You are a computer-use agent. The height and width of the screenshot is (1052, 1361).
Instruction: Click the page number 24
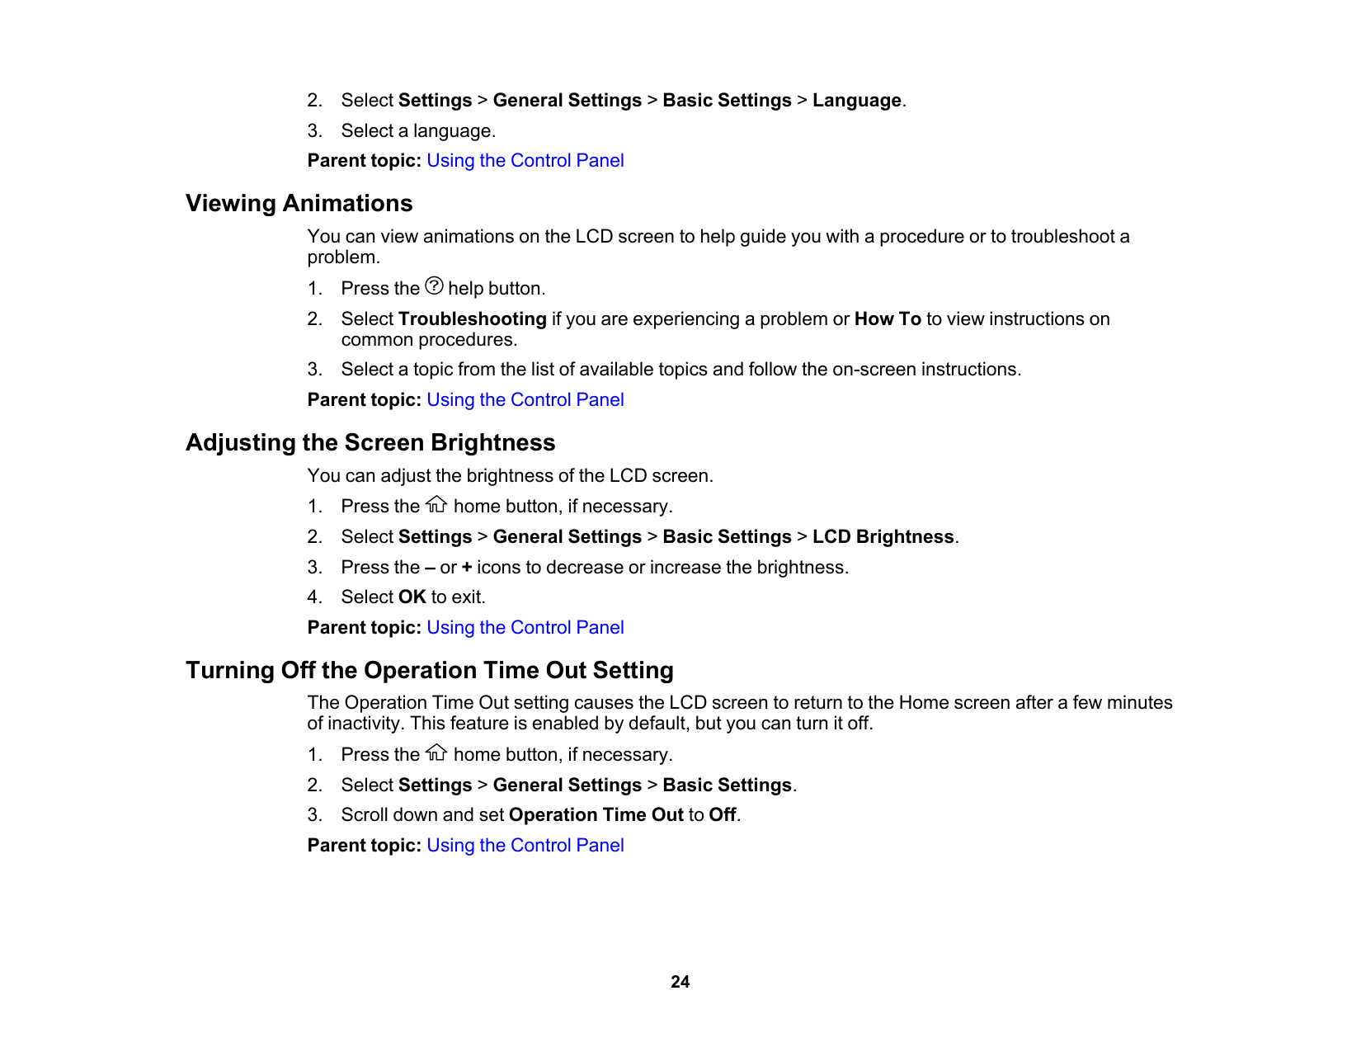(680, 982)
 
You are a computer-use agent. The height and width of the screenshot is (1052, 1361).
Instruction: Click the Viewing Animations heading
(299, 203)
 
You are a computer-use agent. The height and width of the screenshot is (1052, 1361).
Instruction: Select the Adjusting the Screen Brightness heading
(370, 442)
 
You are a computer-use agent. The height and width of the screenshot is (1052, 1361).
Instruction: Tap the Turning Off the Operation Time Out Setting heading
(429, 670)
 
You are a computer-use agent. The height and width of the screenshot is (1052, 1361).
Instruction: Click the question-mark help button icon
(434, 286)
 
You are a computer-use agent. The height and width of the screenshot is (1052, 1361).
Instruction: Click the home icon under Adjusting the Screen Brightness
(436, 504)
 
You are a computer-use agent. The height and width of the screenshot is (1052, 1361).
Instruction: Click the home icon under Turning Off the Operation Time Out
(436, 752)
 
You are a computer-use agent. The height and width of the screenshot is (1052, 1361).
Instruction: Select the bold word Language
(856, 101)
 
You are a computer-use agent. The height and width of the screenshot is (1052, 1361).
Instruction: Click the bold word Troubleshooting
(472, 319)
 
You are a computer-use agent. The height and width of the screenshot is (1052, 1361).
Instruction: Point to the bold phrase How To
(888, 319)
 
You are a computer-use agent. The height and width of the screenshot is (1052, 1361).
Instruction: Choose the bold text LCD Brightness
(883, 537)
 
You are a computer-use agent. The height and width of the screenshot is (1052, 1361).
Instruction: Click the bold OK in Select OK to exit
(412, 597)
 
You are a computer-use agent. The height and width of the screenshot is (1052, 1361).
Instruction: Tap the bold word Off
(722, 815)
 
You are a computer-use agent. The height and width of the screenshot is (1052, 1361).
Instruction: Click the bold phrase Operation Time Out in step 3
(596, 815)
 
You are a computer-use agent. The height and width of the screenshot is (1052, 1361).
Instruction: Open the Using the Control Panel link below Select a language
(525, 161)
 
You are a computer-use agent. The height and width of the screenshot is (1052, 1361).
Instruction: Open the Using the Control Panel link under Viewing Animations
(525, 400)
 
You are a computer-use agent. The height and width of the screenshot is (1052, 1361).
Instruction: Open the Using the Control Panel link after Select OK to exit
(525, 628)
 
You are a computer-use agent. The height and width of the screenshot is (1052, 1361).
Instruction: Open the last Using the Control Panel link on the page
(525, 846)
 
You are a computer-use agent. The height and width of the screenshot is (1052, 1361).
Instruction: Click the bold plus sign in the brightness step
(467, 568)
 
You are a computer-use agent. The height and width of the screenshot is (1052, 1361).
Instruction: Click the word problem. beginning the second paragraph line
(343, 257)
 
